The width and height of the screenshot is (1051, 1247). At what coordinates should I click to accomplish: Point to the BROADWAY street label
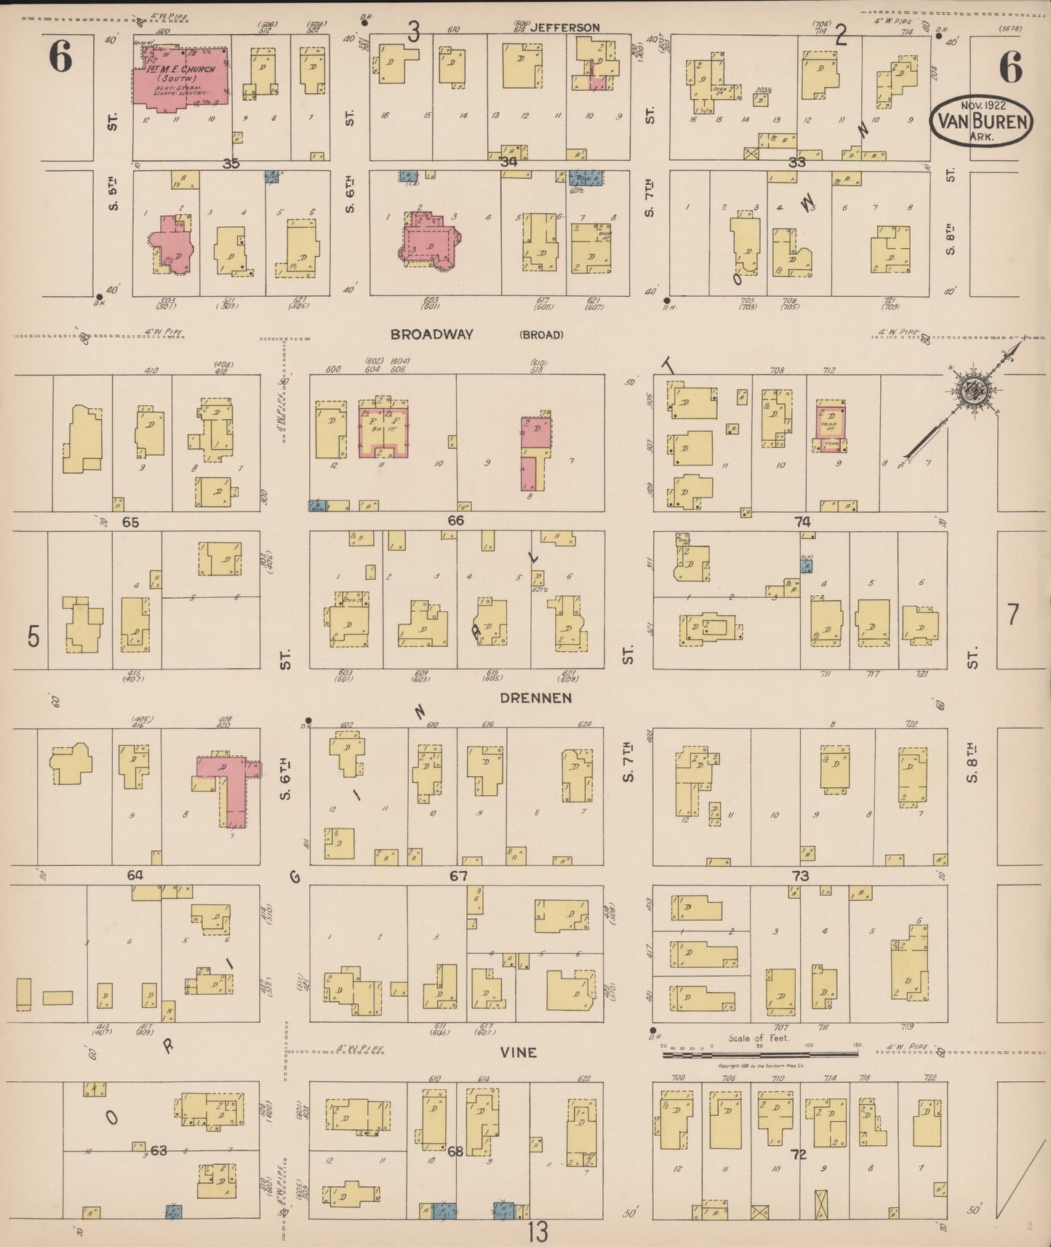[x=431, y=335]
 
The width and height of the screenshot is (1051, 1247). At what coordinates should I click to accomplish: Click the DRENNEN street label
[x=535, y=698]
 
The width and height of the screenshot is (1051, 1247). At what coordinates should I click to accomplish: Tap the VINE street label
[x=519, y=1052]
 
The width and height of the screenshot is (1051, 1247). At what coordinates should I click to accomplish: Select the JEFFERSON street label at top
[x=564, y=28]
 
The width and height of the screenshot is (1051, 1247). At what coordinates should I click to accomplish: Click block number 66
[x=455, y=521]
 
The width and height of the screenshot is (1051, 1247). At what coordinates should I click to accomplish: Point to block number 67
[x=458, y=876]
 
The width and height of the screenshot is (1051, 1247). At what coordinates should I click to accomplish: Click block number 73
[x=800, y=876]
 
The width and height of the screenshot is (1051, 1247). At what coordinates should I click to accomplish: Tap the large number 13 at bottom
[x=538, y=1232]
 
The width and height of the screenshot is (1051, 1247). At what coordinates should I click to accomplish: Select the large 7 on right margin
[x=1012, y=615]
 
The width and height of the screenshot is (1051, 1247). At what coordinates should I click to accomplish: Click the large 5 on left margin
[x=33, y=637]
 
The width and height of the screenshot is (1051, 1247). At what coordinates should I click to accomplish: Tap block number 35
[x=231, y=164]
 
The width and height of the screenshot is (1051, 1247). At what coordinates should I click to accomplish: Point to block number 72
[x=799, y=1154]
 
